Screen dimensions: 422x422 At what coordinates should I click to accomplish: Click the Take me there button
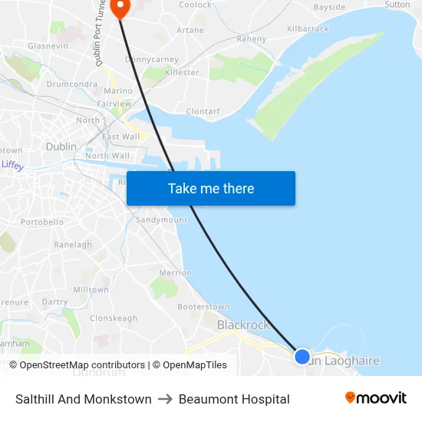point(211,189)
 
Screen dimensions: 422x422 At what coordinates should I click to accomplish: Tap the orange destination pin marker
point(120,7)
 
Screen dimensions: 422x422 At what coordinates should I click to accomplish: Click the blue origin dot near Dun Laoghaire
point(302,357)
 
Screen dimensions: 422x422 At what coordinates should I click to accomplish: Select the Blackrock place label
point(243,325)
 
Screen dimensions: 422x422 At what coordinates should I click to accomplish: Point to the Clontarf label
point(203,111)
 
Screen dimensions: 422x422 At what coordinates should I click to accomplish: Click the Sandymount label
point(161,220)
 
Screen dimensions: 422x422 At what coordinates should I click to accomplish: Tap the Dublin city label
point(61,147)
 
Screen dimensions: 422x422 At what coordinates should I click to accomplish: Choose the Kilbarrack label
point(307,29)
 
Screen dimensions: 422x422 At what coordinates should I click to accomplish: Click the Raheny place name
point(252,39)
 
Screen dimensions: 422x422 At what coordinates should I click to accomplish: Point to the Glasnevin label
point(48,46)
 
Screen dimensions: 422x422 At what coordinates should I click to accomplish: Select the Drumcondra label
point(71,84)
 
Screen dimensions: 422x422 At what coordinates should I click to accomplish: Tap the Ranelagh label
point(73,245)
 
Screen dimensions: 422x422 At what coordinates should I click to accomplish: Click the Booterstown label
point(203,307)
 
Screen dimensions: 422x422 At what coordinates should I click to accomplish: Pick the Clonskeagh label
point(114,318)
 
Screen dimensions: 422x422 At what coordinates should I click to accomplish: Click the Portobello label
point(42,223)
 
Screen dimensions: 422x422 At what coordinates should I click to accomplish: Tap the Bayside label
point(330,8)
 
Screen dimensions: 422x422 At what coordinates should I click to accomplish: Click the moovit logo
point(376,398)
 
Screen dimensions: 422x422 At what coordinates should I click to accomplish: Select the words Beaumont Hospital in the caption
point(234,399)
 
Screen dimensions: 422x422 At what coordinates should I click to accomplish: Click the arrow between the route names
point(165,399)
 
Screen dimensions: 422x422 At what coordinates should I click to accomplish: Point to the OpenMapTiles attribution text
point(195,365)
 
